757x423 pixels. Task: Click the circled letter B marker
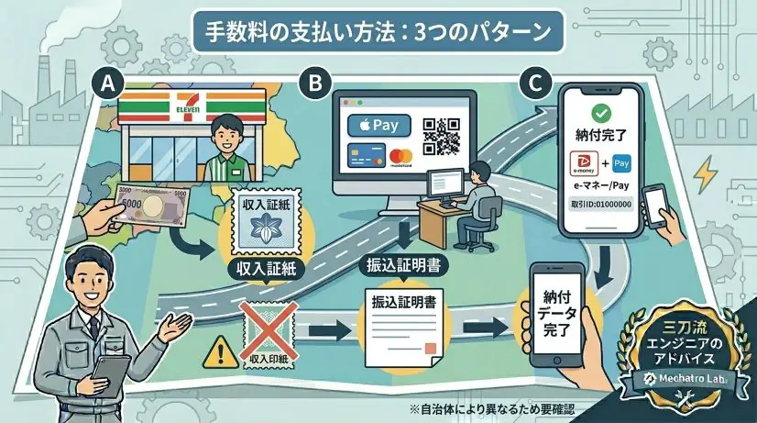pos(315,83)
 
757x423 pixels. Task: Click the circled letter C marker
pos(533,83)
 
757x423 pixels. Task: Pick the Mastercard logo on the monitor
pos(400,157)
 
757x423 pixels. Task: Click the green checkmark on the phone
pos(601,113)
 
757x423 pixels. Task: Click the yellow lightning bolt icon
pos(706,174)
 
